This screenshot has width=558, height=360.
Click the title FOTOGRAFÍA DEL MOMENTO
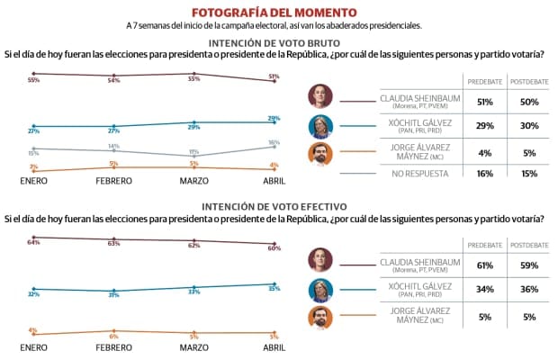click(279, 12)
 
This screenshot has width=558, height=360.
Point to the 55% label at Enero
click(33, 80)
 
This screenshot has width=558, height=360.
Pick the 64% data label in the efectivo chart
click(33, 242)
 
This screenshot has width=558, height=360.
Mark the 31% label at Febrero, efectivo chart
click(113, 294)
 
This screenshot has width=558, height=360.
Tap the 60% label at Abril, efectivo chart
click(274, 248)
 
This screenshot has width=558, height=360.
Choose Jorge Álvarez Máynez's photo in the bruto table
click(319, 152)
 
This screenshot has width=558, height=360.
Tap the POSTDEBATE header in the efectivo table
click(528, 245)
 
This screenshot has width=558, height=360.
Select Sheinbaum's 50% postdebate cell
click(528, 100)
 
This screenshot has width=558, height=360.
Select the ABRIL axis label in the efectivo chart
click(274, 347)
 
